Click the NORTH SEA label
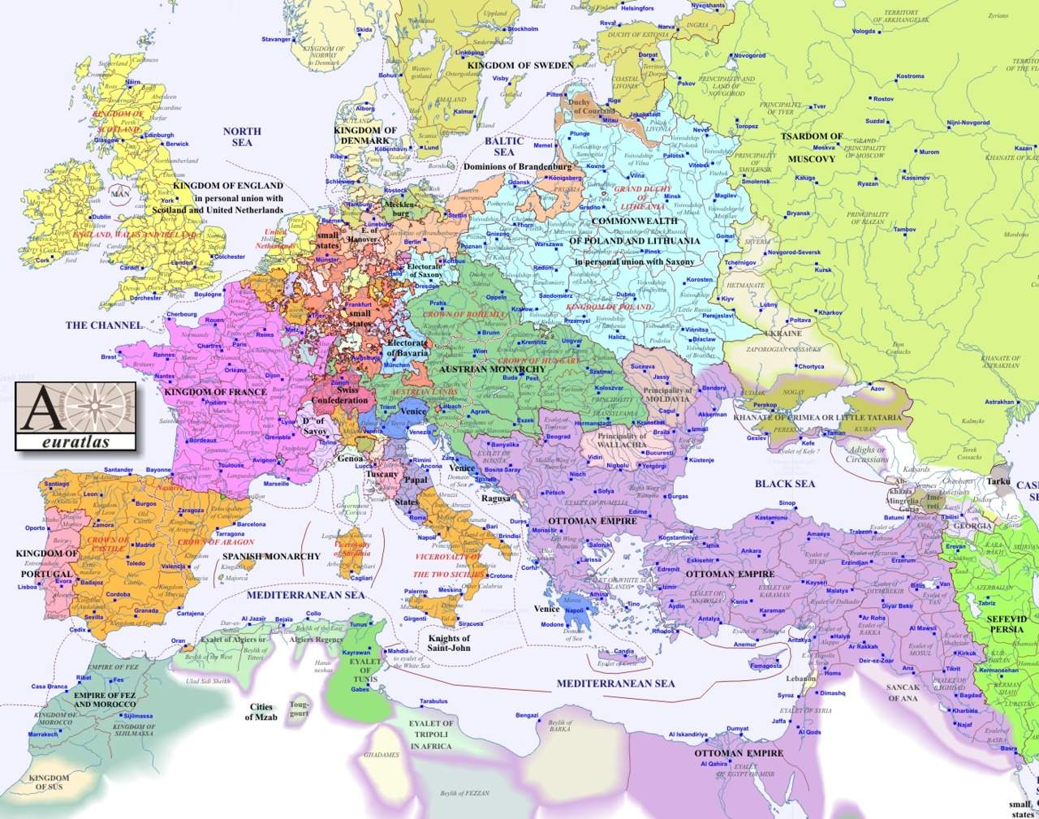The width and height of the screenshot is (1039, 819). point(242,136)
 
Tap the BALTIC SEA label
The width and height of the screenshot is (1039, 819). point(504,146)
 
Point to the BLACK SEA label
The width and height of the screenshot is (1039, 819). point(784,484)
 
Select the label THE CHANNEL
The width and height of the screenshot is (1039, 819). point(104,325)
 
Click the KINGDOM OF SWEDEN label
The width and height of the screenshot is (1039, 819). point(520,65)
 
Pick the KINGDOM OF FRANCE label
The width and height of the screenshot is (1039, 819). point(215,392)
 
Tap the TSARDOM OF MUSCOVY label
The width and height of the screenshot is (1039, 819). point(812,147)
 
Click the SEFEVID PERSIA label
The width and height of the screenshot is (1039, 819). point(1007,623)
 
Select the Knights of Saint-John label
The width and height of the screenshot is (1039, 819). point(449,643)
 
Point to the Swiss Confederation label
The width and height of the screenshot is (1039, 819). point(340,395)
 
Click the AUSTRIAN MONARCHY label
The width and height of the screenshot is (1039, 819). point(492,369)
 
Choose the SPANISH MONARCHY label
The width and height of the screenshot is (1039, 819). point(271,556)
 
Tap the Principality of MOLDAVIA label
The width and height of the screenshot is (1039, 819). point(668,395)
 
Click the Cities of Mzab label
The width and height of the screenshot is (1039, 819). point(261,712)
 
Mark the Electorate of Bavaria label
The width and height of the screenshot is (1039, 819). point(407,348)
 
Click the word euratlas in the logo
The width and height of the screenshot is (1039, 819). point(75,442)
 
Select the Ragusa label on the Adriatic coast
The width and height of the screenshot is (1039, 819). point(496,498)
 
